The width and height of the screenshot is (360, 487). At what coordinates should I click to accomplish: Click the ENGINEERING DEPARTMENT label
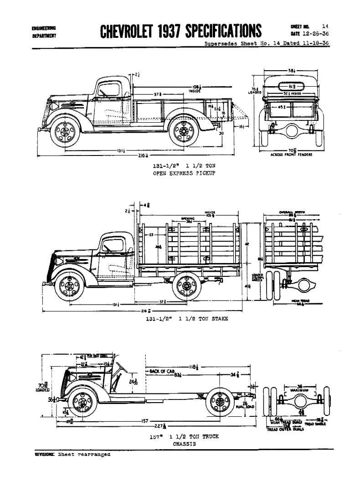click(x=44, y=31)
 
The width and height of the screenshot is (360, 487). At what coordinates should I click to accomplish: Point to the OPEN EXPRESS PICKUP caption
click(x=184, y=174)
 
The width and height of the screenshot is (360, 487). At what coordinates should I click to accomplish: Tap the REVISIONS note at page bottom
click(x=72, y=455)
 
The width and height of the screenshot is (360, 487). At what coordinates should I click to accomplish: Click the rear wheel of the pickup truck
click(x=184, y=131)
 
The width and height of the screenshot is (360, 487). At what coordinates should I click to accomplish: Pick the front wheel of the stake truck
click(x=69, y=286)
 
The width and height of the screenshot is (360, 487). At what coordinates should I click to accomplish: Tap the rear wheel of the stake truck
click(x=186, y=286)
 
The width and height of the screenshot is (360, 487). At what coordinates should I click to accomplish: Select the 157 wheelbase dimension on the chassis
click(x=145, y=421)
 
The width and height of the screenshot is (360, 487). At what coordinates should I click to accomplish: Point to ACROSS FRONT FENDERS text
click(x=291, y=155)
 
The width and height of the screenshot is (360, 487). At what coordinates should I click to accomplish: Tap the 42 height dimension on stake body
click(x=247, y=244)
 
